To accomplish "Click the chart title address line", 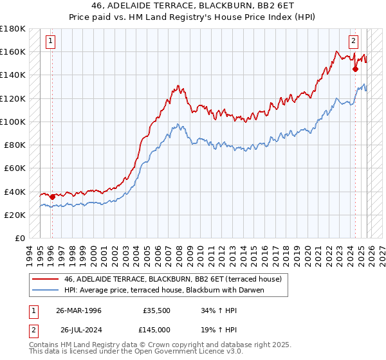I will pos(192,6).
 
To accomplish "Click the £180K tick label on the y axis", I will pos(13,28).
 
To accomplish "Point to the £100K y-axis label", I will pos(13,122).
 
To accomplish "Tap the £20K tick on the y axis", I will pos(15,215).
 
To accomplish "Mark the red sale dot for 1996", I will pos(52,197).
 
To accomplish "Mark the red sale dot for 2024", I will pos(354,69).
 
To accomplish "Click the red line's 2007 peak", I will pos(177,85).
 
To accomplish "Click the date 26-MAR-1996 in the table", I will pos(78,310).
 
